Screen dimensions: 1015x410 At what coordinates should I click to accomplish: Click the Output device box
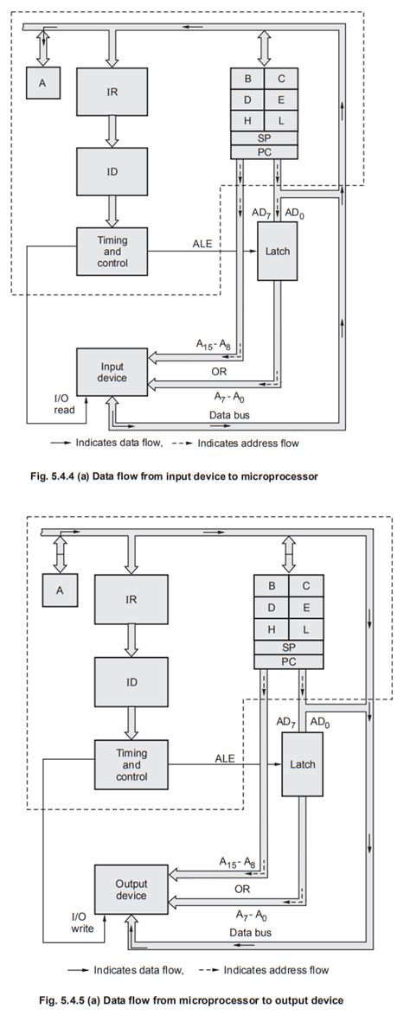(126, 890)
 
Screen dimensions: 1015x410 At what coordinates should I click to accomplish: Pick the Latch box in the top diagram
(276, 251)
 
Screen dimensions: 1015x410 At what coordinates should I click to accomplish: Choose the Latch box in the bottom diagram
(301, 763)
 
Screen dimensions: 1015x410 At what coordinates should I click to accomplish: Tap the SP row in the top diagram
(264, 138)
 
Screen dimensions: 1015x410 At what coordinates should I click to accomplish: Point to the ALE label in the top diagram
(202, 244)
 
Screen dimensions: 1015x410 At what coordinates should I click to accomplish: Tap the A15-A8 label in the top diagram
(212, 343)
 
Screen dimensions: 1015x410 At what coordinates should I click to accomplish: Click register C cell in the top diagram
(281, 78)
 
